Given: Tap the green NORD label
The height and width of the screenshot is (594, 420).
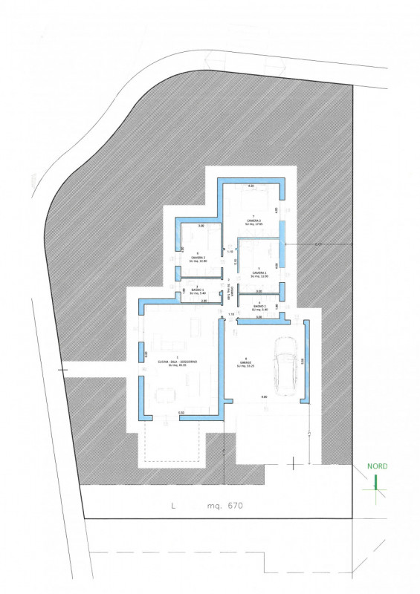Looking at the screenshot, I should [377, 467].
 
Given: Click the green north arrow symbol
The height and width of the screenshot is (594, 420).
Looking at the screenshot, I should [376, 483].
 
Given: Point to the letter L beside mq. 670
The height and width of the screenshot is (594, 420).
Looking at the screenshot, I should [172, 506].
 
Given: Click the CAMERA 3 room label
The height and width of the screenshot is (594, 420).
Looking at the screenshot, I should [254, 222].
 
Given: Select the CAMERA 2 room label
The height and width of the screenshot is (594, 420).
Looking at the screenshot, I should [197, 258].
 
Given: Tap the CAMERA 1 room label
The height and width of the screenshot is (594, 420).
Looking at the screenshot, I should [259, 273].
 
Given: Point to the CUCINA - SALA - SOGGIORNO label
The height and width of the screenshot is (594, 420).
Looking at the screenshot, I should [175, 362].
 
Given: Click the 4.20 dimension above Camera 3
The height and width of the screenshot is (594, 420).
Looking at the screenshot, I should [251, 186].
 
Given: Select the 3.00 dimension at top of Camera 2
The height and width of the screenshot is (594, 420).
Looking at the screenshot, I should [201, 226].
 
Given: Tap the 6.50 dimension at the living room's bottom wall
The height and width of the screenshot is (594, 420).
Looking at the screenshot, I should [181, 413].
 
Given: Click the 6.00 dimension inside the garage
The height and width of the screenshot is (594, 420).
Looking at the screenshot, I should [264, 397].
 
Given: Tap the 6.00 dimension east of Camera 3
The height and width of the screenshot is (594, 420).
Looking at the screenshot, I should [319, 244].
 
